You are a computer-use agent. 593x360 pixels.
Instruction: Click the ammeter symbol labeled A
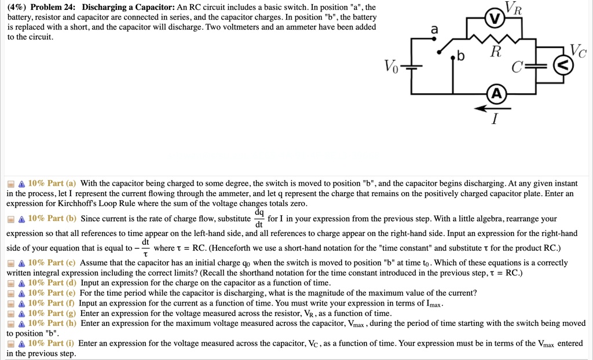pyautogui.click(x=496, y=94)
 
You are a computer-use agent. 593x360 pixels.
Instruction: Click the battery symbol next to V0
pyautogui.click(x=412, y=67)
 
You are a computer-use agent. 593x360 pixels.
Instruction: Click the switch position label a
pyautogui.click(x=434, y=30)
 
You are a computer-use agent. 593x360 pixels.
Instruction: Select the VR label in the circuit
pyautogui.click(x=514, y=8)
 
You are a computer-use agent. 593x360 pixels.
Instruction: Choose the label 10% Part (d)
pyautogui.click(x=52, y=282)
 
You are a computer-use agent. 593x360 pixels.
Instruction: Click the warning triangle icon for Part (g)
pyautogui.click(x=21, y=313)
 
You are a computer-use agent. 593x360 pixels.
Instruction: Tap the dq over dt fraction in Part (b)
pyautogui.click(x=258, y=218)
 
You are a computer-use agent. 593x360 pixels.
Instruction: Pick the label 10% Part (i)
pyautogui.click(x=52, y=343)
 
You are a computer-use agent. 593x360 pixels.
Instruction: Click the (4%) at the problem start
pyautogui.click(x=17, y=8)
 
